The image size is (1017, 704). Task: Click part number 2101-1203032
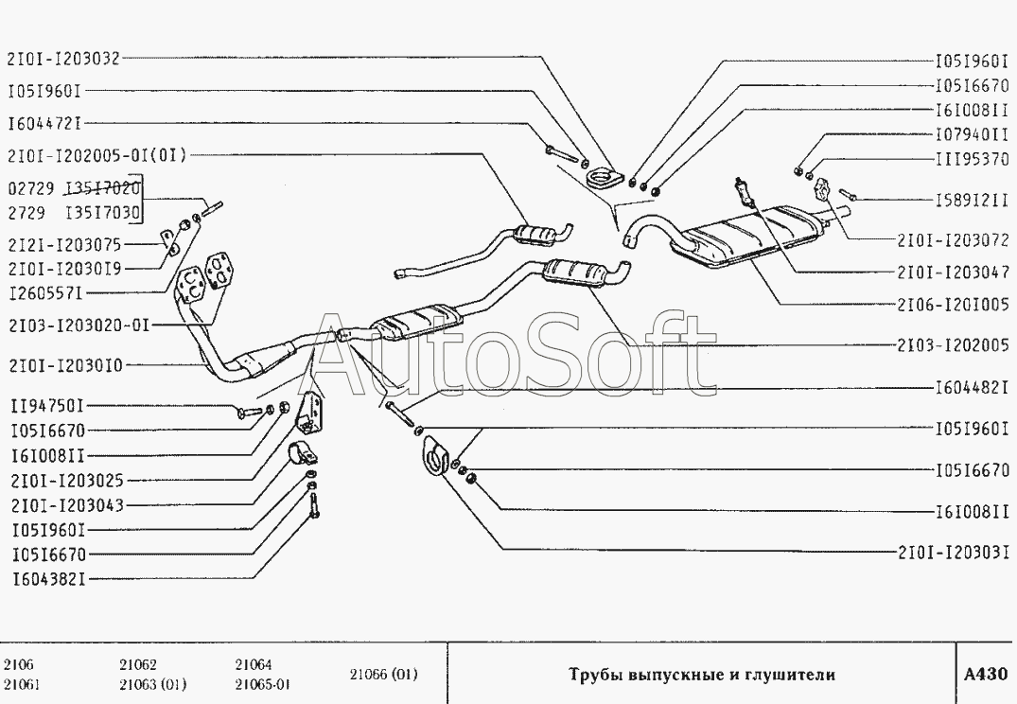63,59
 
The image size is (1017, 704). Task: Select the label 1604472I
45,123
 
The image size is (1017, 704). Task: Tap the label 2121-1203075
65,245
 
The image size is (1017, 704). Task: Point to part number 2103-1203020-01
79,326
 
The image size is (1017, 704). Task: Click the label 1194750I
48,406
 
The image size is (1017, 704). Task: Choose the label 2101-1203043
67,505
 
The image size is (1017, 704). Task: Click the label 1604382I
48,579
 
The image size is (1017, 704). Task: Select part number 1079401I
972,134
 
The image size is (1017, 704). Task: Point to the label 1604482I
972,389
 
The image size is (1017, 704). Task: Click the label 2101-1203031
954,553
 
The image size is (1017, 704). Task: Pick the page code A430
986,675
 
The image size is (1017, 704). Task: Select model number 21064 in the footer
254,664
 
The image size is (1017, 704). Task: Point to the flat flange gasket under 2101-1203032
604,176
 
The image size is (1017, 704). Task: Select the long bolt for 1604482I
401,414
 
